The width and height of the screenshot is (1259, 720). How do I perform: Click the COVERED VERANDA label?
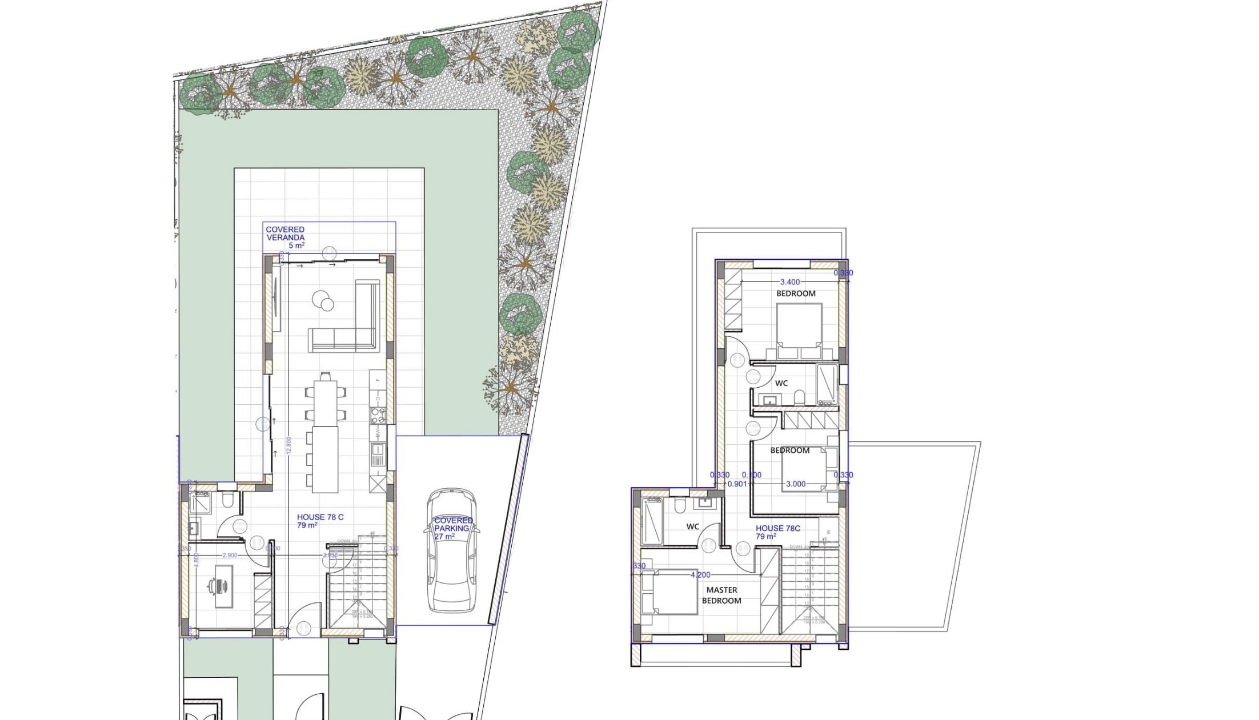(285, 234)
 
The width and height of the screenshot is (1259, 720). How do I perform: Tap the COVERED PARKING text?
(454, 525)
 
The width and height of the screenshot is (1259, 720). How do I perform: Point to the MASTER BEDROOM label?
(721, 595)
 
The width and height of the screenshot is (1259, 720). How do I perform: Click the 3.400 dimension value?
(790, 282)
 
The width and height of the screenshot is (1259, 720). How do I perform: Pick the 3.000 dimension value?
(796, 484)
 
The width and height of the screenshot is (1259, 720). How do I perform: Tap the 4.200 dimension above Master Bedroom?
(701, 575)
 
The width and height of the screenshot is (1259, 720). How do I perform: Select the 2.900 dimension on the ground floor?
(230, 555)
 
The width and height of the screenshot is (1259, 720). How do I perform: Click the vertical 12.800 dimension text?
(289, 445)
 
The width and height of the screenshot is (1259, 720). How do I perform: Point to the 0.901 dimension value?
(737, 484)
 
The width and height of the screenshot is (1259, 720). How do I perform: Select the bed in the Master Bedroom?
(668, 592)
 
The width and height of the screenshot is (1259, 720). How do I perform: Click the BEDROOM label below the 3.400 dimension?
(796, 293)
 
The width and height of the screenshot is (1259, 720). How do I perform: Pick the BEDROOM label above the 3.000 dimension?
(789, 450)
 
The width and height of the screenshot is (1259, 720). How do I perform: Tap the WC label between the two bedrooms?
(781, 383)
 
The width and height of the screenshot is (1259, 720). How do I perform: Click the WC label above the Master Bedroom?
(692, 526)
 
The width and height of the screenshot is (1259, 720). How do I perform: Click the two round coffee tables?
(323, 301)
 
